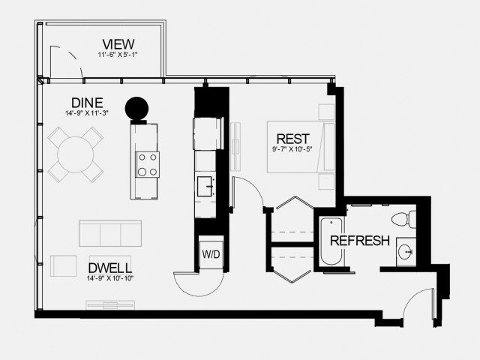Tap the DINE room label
click(87, 103)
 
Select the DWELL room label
click(110, 268)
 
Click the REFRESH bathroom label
click(360, 241)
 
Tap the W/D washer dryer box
click(211, 254)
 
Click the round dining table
click(75, 154)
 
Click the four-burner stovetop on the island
click(147, 163)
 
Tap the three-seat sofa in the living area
click(110, 233)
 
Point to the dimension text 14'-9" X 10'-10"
click(110, 279)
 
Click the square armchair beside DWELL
click(63, 267)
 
